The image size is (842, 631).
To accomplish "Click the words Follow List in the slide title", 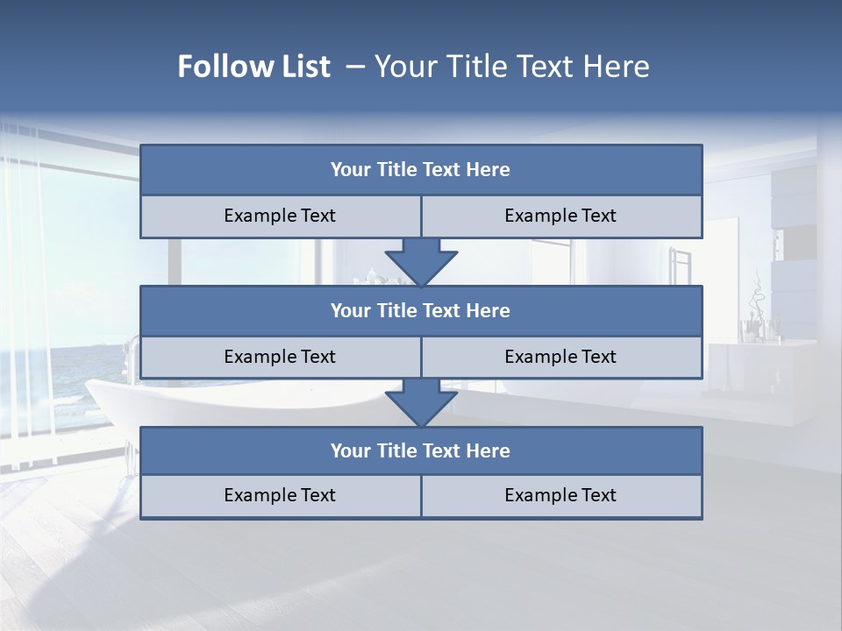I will point(253,67).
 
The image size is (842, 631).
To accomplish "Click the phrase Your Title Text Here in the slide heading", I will point(511,67).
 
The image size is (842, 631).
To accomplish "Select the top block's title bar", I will point(421,170).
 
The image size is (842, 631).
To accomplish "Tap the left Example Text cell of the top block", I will point(280,216).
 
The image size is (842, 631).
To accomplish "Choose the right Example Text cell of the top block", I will point(560,216).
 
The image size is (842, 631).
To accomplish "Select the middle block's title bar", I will point(421,310).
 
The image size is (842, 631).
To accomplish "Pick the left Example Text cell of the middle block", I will point(280,357).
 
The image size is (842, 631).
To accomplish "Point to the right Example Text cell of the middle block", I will point(560,357).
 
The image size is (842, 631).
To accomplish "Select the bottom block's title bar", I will point(421,450).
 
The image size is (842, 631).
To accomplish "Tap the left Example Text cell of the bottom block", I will point(280,495).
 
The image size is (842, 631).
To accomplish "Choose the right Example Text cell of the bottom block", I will point(560,495).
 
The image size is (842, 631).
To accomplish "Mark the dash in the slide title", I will point(355,67).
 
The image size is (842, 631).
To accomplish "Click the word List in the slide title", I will point(306,67).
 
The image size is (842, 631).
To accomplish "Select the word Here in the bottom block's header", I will point(489,450).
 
